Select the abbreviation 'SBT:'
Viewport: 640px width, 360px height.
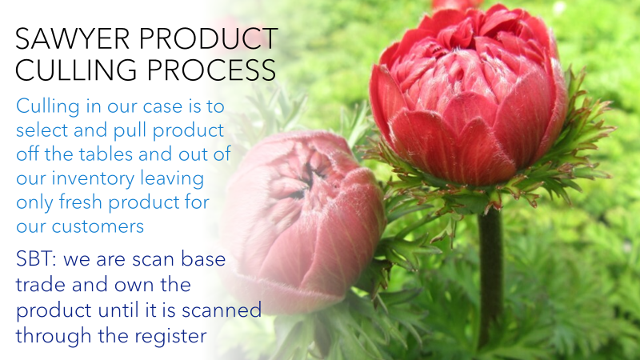(38, 260)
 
